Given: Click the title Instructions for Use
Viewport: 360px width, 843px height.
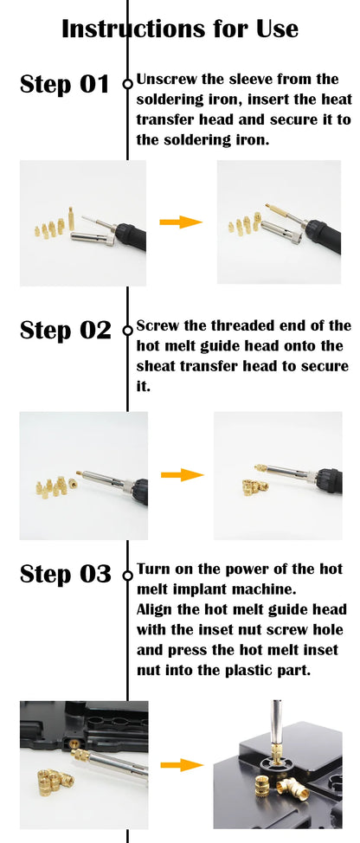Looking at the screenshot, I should tap(180, 29).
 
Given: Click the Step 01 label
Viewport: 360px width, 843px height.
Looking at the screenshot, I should tap(65, 84).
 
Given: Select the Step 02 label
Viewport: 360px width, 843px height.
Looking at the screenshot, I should tap(65, 330).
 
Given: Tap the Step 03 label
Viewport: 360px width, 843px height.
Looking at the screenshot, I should tap(65, 574).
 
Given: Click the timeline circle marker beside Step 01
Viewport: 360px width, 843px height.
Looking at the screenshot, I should tap(128, 84).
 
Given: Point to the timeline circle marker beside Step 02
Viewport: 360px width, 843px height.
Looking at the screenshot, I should tap(128, 329).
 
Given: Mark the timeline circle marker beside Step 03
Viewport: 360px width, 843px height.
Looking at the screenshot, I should tap(128, 573).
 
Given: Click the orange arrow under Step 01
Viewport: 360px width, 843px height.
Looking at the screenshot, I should tap(181, 222).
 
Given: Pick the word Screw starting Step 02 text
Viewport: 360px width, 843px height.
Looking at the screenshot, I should tap(156, 326).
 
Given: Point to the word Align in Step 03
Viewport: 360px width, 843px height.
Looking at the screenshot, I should tap(155, 609).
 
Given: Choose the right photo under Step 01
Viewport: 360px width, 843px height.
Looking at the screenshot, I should tap(280, 222).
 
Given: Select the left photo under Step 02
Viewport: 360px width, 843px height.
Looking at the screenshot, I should tap(83, 475).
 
